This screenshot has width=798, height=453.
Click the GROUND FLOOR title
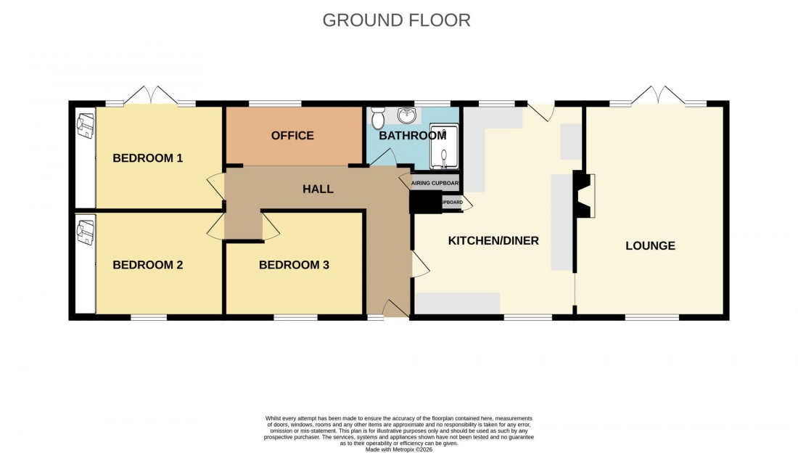pyautogui.click(x=396, y=20)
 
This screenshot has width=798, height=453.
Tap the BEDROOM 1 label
pyautogui.click(x=147, y=158)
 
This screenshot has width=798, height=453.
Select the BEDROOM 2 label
pyautogui.click(x=147, y=265)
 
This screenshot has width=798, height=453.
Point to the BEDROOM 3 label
pyautogui.click(x=294, y=265)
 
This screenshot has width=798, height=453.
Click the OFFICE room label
pyautogui.click(x=292, y=136)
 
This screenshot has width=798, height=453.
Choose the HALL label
pyautogui.click(x=318, y=189)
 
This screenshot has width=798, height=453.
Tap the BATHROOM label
pyautogui.click(x=412, y=136)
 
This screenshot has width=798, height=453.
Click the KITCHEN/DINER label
pyautogui.click(x=493, y=240)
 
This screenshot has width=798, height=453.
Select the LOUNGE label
pyautogui.click(x=650, y=245)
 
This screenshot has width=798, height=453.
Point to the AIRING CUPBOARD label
pyautogui.click(x=435, y=183)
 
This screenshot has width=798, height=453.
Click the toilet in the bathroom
pyautogui.click(x=377, y=118)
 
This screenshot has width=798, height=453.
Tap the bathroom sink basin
pyautogui.click(x=408, y=115)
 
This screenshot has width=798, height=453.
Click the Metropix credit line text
pyautogui.click(x=398, y=449)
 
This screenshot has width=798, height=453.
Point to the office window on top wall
pyautogui.click(x=275, y=104)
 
